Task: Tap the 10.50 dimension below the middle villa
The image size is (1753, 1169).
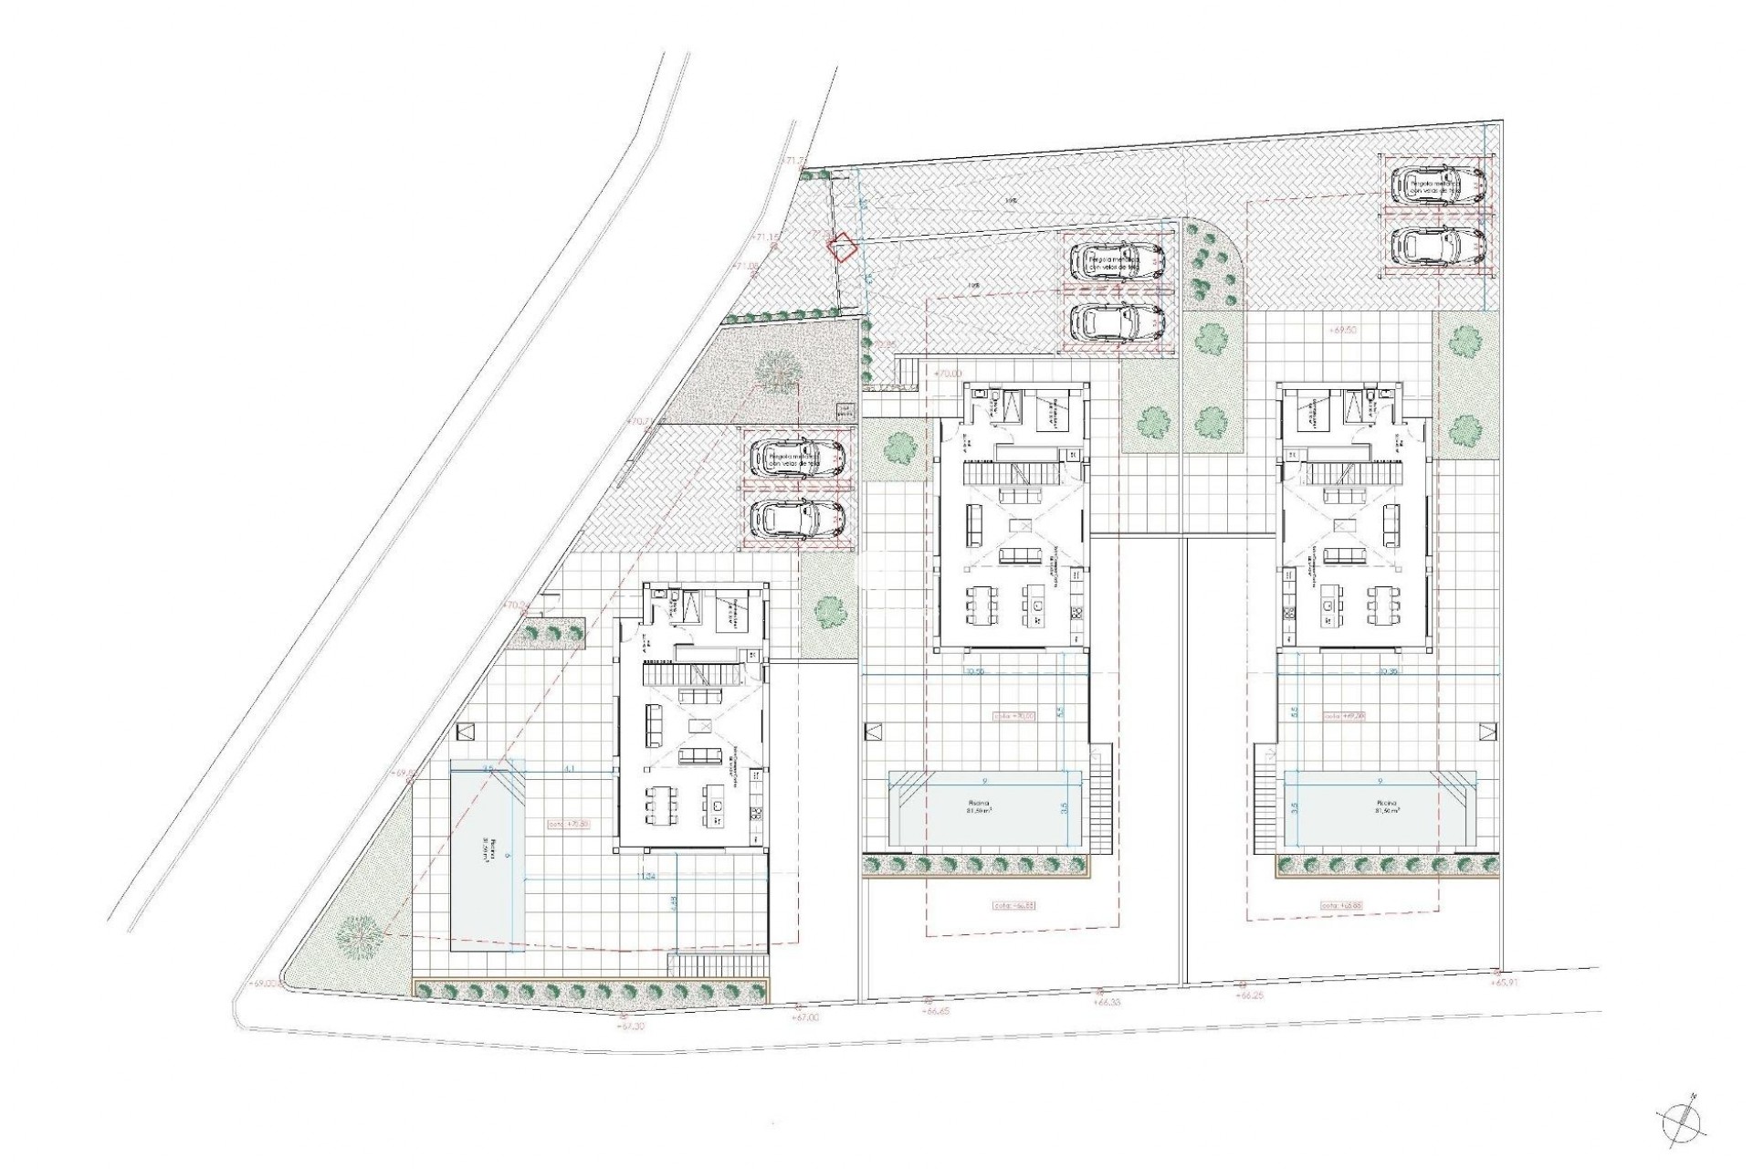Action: tap(974, 671)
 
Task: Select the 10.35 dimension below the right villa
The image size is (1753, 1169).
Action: tap(1389, 671)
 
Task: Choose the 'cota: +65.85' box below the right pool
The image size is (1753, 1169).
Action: tap(1340, 906)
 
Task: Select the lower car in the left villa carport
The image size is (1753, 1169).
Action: tap(797, 519)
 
